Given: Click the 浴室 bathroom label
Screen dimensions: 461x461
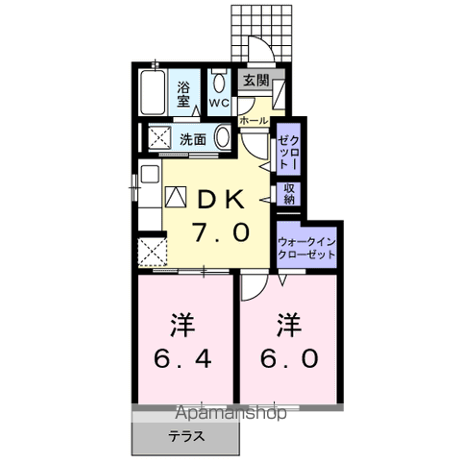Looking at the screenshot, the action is click(x=183, y=94).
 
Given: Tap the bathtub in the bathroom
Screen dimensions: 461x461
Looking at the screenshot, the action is click(x=153, y=92).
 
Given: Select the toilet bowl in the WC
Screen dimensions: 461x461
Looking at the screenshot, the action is click(x=219, y=84).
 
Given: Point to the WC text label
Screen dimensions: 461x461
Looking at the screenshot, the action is click(x=219, y=103).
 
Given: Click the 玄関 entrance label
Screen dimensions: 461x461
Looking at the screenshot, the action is click(x=256, y=81).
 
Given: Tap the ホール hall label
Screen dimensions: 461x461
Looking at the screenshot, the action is click(x=254, y=121).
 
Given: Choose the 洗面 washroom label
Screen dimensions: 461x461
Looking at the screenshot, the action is click(x=192, y=139).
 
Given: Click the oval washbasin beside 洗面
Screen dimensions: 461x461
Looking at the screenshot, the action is click(x=223, y=136).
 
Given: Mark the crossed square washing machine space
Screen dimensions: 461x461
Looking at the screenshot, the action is click(x=159, y=137).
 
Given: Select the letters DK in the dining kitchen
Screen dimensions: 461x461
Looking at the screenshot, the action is click(x=221, y=200).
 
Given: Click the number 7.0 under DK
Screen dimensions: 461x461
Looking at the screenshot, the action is click(x=221, y=232).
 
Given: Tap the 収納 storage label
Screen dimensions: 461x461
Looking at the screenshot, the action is click(x=289, y=194).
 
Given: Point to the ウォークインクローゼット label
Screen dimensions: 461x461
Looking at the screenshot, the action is click(x=306, y=249).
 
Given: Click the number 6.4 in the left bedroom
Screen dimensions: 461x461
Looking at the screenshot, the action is click(x=182, y=359).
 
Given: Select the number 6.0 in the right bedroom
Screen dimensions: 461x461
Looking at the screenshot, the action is click(x=289, y=358).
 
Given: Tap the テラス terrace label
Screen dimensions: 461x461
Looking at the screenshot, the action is click(x=186, y=436).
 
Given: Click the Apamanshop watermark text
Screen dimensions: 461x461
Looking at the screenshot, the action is click(x=230, y=413).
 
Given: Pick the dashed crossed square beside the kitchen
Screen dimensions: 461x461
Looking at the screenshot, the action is click(x=153, y=252).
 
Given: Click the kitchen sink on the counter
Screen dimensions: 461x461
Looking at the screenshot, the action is click(x=150, y=175).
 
